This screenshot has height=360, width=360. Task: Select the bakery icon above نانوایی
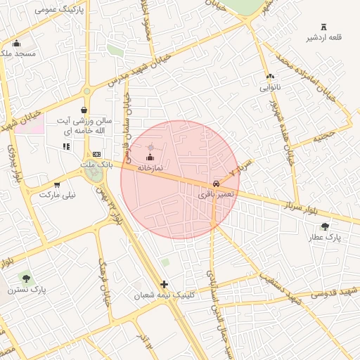(x=270, y=77)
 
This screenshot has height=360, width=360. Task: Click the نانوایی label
(x=271, y=88)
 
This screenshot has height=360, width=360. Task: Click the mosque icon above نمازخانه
(x=149, y=157)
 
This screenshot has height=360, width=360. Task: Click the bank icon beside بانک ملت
(x=96, y=154)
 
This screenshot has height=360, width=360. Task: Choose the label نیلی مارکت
(x=58, y=195)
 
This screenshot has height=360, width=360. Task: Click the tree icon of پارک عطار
(x=324, y=226)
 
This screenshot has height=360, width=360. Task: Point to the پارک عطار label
(x=323, y=238)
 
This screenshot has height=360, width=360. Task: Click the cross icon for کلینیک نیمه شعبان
(x=165, y=285)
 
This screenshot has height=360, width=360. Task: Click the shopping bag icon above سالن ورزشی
(x=84, y=110)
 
